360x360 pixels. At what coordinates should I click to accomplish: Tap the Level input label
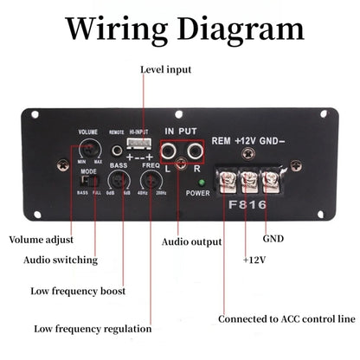click(166, 69)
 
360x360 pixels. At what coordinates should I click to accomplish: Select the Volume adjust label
click(41, 240)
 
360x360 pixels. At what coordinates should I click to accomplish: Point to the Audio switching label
click(60, 260)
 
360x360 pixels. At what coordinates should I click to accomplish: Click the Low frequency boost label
click(79, 291)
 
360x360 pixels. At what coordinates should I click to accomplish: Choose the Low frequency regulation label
click(93, 329)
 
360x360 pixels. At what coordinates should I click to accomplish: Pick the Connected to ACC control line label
click(286, 319)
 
